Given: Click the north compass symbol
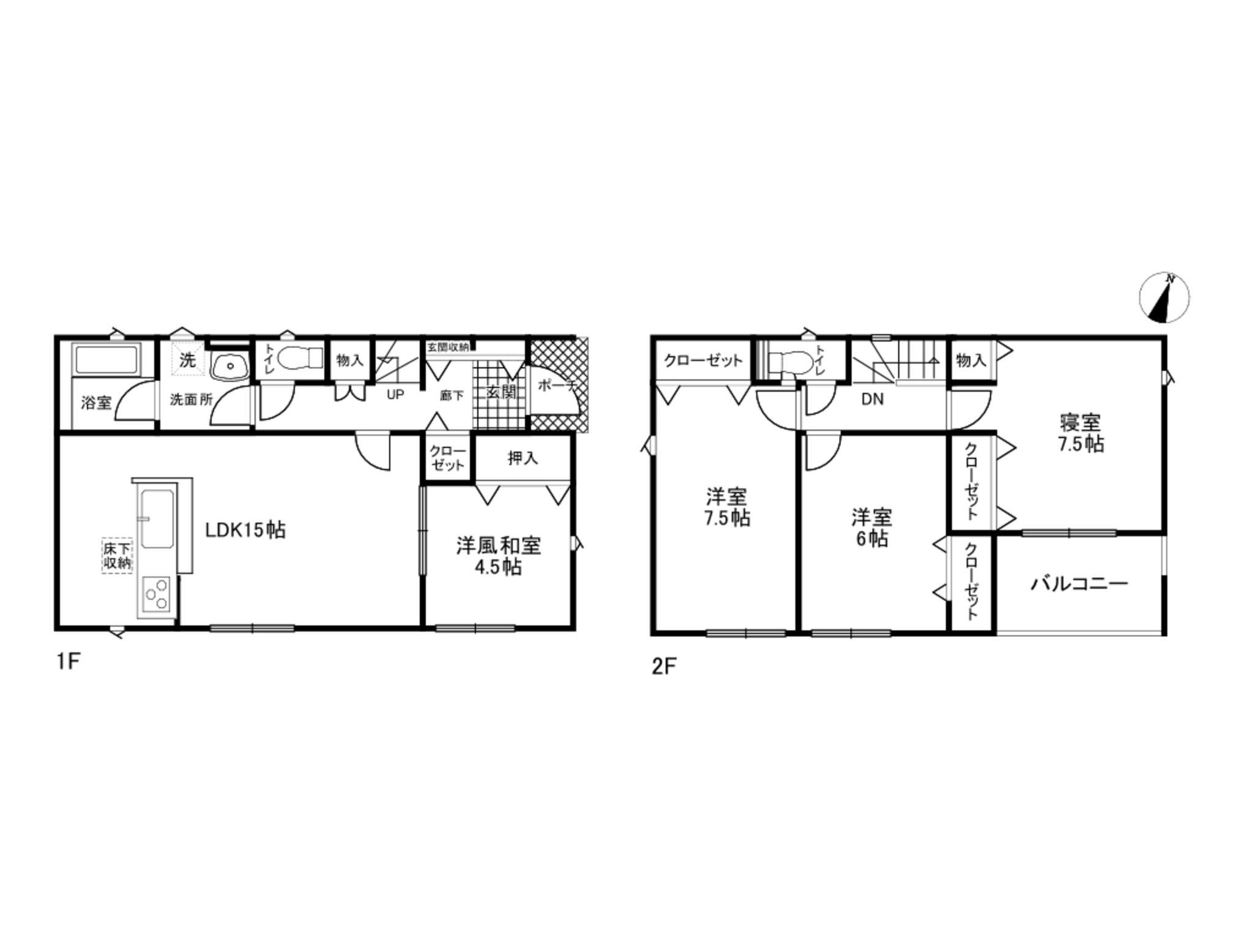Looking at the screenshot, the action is pyautogui.click(x=1164, y=298).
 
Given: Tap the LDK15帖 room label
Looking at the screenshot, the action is pyautogui.click(x=245, y=530).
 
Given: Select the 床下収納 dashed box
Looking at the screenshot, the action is pyautogui.click(x=117, y=555).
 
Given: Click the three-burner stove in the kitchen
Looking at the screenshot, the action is pyautogui.click(x=157, y=594).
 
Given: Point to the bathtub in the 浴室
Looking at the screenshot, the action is pyautogui.click(x=106, y=359).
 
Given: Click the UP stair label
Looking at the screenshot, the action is pyautogui.click(x=395, y=395).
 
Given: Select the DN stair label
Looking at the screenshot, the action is pyautogui.click(x=872, y=400).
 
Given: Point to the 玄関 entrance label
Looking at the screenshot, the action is pyautogui.click(x=501, y=392).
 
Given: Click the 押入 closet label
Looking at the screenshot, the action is pyautogui.click(x=522, y=458).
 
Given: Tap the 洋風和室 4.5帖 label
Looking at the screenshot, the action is pyautogui.click(x=499, y=556).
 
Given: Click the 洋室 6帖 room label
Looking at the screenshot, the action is pyautogui.click(x=872, y=528).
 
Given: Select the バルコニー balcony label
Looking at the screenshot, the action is pyautogui.click(x=1079, y=584).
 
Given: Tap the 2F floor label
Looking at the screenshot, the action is pyautogui.click(x=664, y=666).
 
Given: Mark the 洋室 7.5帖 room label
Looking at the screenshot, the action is pyautogui.click(x=727, y=507).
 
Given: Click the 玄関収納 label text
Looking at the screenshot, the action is pyautogui.click(x=448, y=347).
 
